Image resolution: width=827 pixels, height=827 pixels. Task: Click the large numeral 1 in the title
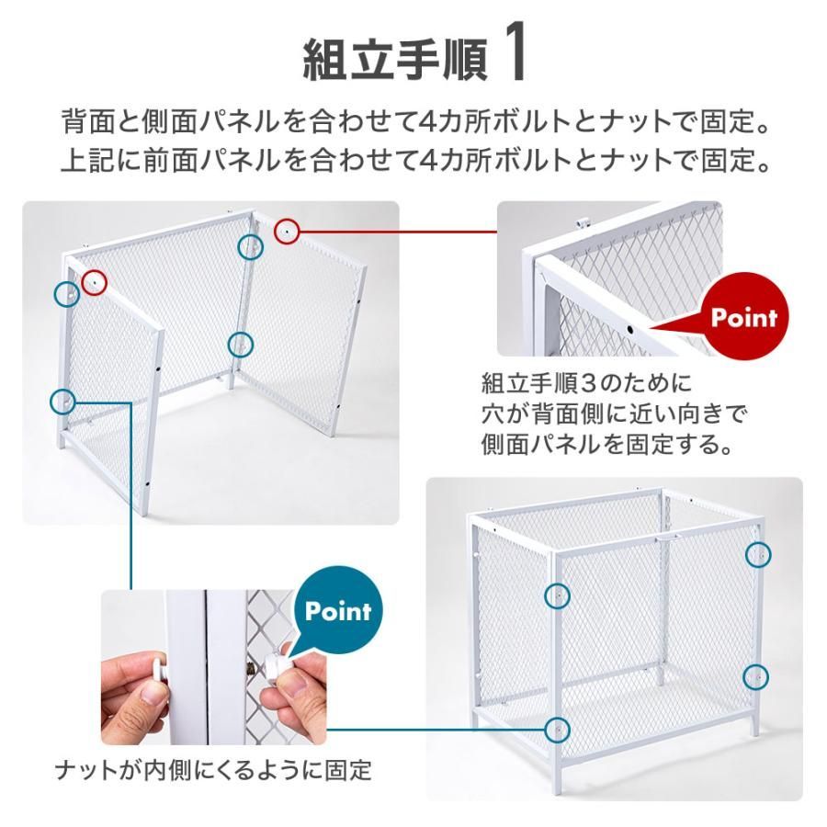click(513, 51)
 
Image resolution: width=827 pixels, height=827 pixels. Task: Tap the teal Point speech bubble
click(338, 611)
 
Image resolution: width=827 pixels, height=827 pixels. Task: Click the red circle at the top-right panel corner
click(287, 231)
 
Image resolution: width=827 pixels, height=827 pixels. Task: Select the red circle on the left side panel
click(95, 282)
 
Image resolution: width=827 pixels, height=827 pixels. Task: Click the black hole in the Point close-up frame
click(629, 329)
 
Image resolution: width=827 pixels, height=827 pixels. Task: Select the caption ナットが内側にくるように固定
click(213, 770)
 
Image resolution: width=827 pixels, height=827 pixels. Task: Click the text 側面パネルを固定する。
click(607, 444)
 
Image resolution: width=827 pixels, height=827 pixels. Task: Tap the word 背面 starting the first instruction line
click(88, 121)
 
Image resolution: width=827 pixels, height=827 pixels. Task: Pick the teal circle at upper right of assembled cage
click(758, 554)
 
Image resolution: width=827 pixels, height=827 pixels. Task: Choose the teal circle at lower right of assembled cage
click(756, 676)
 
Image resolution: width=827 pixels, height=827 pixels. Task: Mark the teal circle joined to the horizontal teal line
click(557, 730)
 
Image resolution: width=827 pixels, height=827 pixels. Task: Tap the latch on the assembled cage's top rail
click(668, 538)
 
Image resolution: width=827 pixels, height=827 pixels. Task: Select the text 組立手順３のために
click(586, 383)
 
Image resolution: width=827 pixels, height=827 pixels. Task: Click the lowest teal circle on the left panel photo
click(62, 402)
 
